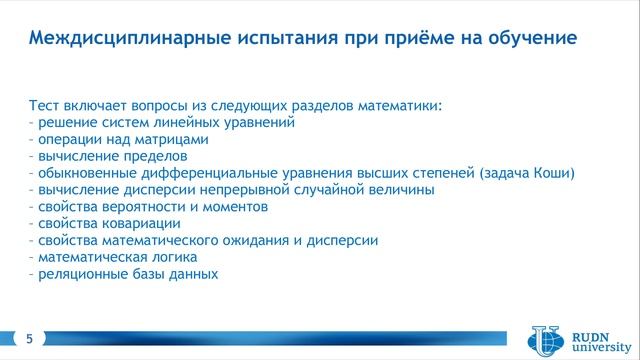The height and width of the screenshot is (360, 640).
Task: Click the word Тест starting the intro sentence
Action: point(49,104)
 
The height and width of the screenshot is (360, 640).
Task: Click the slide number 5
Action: point(29,340)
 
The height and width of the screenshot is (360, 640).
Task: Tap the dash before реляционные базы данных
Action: point(32,274)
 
